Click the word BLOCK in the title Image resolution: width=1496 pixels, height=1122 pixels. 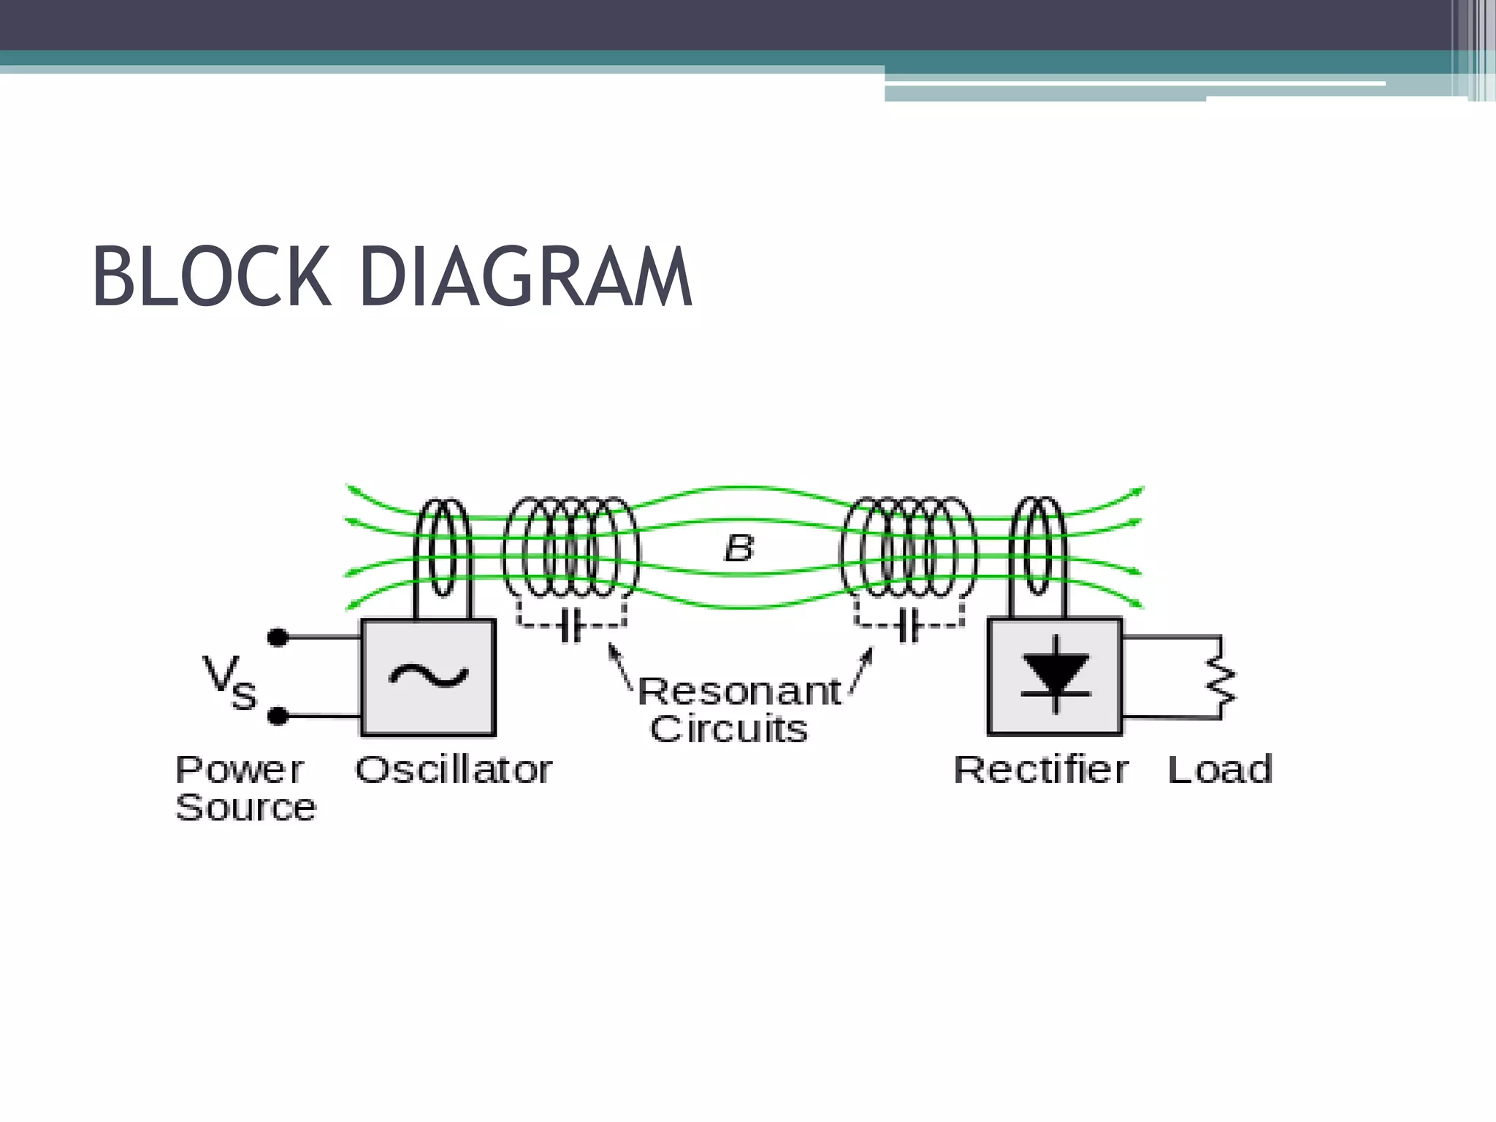tap(212, 278)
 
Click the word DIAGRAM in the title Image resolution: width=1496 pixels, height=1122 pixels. tap(525, 278)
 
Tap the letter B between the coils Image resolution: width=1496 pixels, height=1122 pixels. tap(739, 548)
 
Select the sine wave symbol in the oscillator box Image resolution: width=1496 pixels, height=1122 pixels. tap(428, 676)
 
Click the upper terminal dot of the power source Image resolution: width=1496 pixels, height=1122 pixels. tap(278, 638)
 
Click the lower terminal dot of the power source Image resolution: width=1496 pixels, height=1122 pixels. tap(278, 717)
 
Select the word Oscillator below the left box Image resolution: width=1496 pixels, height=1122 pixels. tap(454, 770)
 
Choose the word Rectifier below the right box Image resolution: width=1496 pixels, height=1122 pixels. tap(1041, 770)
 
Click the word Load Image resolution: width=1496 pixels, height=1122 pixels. tap(1220, 770)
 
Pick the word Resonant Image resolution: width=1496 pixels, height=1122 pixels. tap(739, 691)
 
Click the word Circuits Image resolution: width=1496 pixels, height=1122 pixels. tap(728, 729)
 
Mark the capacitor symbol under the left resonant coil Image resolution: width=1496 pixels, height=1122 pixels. tap(570, 626)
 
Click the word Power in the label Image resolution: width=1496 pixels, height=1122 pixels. tap(239, 770)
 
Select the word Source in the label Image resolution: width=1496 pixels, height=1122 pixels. tap(245, 808)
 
